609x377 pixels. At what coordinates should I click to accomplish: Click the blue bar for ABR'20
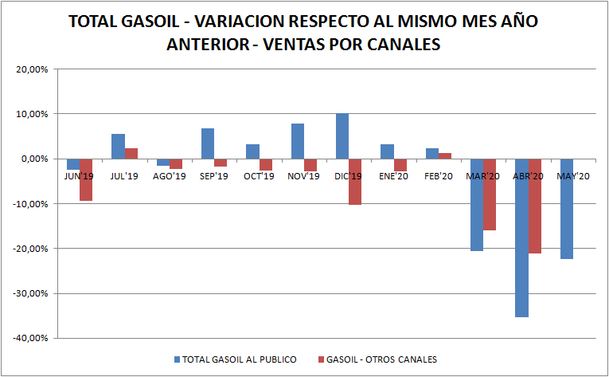click(521, 238)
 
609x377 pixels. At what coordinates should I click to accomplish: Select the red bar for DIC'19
click(355, 182)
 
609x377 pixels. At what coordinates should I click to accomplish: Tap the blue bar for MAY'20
click(567, 209)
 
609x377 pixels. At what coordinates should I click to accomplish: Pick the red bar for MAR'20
click(490, 194)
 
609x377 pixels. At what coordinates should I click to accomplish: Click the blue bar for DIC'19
click(342, 136)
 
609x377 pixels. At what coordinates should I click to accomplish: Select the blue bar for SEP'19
click(208, 143)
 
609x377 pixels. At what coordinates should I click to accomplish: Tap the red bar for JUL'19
click(131, 153)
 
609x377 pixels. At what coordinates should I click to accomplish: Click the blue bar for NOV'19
click(297, 141)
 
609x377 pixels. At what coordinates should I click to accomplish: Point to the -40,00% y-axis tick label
click(33, 338)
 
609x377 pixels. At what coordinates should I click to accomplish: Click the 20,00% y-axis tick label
click(34, 69)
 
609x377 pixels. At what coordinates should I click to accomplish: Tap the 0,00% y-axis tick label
click(36, 159)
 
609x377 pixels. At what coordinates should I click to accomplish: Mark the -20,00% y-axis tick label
click(33, 249)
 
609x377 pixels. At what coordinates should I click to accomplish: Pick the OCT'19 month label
click(258, 177)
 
